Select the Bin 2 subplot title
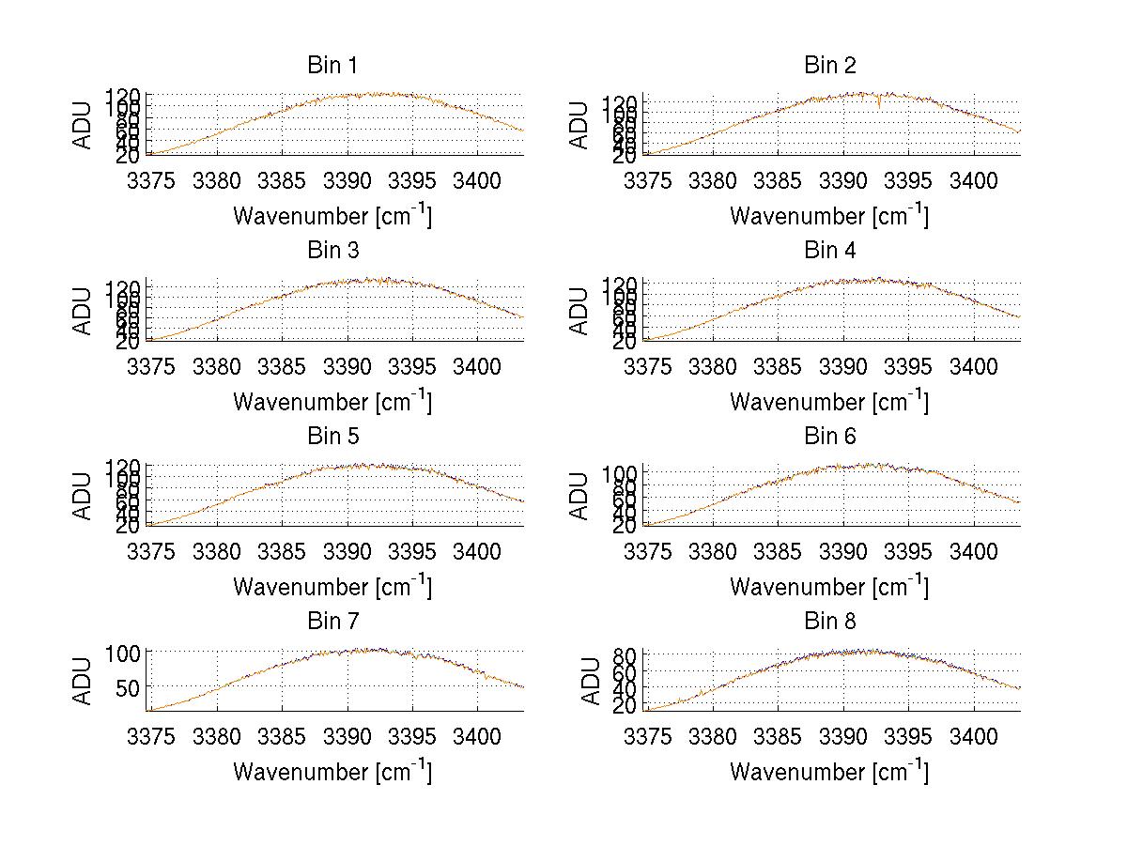[829, 66]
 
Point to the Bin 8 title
[829, 622]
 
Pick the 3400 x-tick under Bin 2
[972, 179]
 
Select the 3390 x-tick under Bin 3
[348, 364]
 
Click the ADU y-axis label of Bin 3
[83, 310]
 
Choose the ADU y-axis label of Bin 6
[579, 495]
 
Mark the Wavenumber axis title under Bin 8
[829, 772]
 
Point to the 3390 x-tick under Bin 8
[844, 735]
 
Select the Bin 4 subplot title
[829, 251]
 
